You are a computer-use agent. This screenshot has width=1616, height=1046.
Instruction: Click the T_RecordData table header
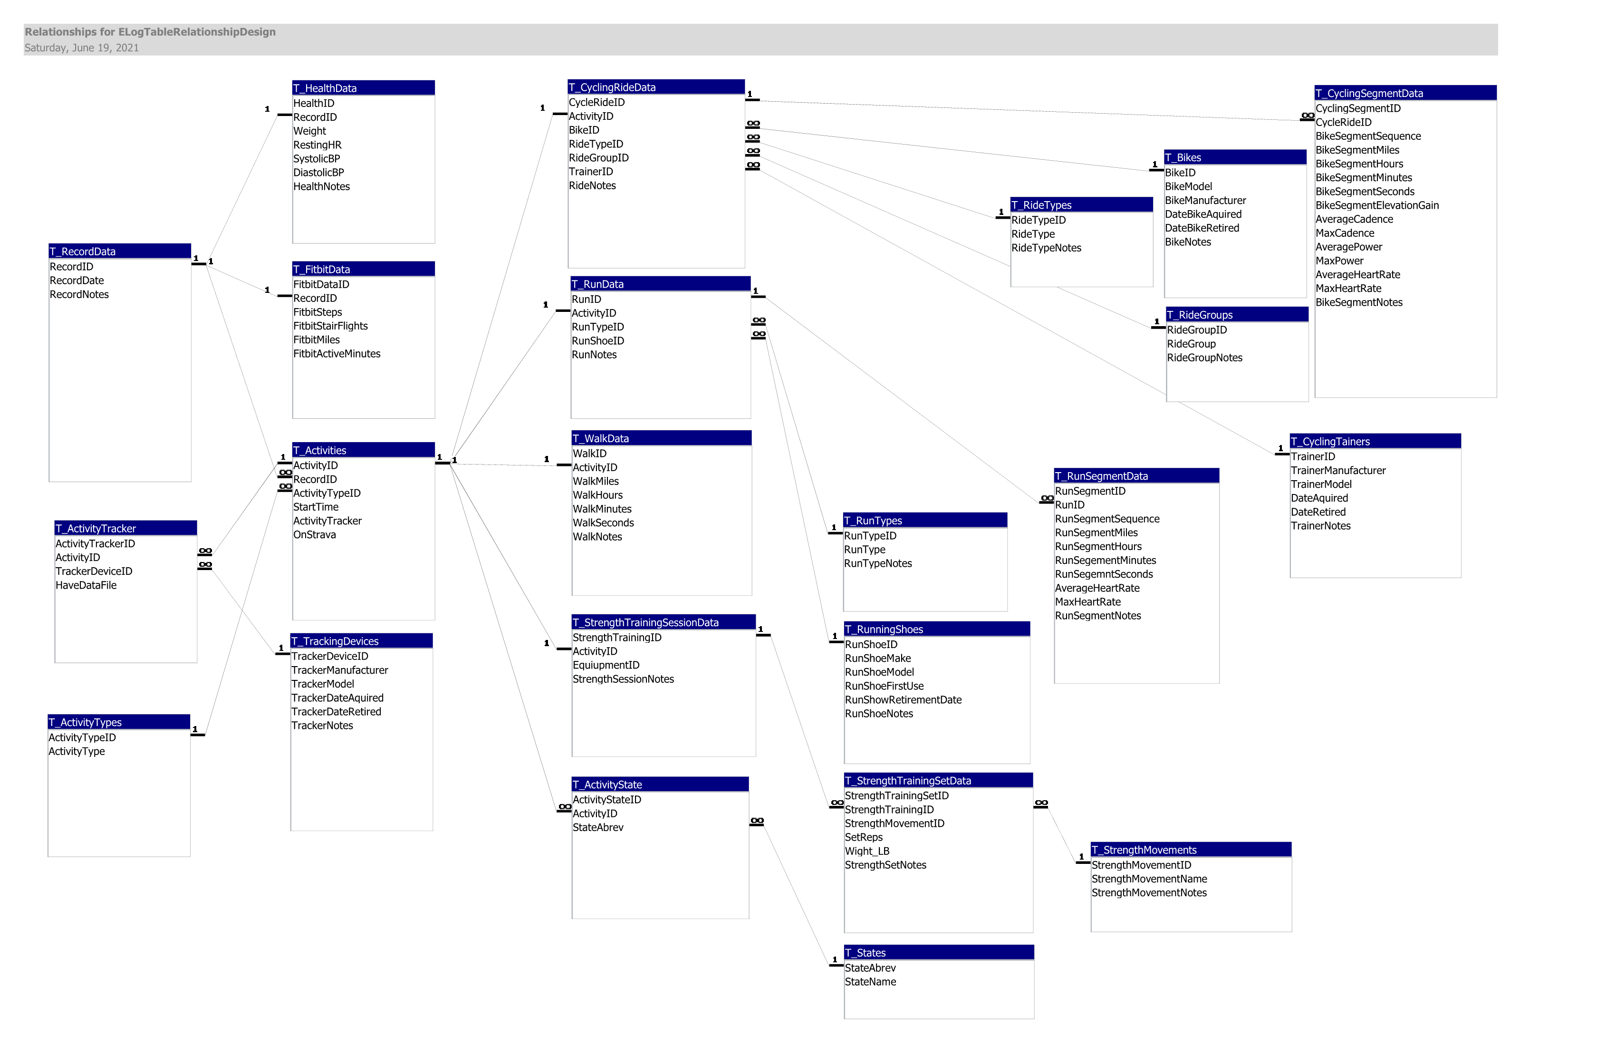[x=119, y=252]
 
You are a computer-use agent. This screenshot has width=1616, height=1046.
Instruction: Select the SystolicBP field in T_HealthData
[x=317, y=159]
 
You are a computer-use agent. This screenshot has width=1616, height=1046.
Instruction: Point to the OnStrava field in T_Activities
[x=314, y=534]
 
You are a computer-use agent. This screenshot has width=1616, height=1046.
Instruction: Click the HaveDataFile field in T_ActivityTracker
[x=86, y=585]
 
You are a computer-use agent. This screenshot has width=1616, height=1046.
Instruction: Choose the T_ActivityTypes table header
[x=119, y=722]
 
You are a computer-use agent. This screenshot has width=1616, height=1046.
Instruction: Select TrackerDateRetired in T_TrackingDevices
[x=336, y=712]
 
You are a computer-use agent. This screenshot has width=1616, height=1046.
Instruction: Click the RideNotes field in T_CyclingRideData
[x=592, y=186]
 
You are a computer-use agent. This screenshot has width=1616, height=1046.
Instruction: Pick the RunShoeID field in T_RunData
[x=597, y=341]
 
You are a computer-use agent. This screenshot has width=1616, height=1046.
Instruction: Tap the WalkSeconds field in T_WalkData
[x=603, y=523]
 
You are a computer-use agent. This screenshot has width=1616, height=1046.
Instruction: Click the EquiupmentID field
[x=606, y=666]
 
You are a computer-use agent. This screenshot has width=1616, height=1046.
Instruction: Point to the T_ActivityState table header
[x=660, y=784]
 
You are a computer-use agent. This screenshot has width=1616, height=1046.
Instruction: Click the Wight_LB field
[x=867, y=852]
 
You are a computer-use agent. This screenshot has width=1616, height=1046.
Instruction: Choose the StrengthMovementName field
[x=1149, y=879]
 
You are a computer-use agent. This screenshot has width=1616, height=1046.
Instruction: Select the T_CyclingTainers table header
[x=1375, y=442]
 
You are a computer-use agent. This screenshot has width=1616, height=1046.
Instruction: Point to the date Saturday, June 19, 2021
[x=81, y=48]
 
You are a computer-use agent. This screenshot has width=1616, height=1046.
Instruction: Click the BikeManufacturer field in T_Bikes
[x=1205, y=200]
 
